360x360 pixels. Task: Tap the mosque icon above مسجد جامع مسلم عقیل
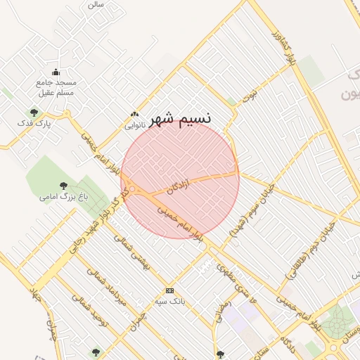pyautogui.click(x=56, y=72)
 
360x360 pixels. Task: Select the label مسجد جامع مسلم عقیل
pyautogui.click(x=56, y=86)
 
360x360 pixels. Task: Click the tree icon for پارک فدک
pyautogui.click(x=34, y=112)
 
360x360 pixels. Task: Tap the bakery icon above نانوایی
pyautogui.click(x=135, y=115)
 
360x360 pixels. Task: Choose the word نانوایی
pyautogui.click(x=135, y=126)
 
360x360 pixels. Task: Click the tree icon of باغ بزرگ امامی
pyautogui.click(x=63, y=186)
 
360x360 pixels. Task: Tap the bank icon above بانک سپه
pyautogui.click(x=169, y=290)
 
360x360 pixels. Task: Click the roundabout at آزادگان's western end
pyautogui.click(x=131, y=190)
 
